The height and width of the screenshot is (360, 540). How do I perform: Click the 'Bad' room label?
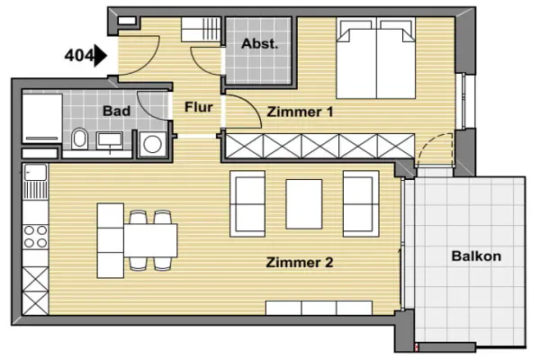click(116, 111)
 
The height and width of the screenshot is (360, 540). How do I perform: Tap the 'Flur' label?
click(198, 107)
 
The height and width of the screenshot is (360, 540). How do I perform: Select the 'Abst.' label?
click(259, 44)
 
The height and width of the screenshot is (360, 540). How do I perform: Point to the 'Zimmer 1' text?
click(300, 112)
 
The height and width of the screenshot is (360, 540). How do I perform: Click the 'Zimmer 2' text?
click(300, 263)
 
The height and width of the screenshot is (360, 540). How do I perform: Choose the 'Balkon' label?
click(476, 256)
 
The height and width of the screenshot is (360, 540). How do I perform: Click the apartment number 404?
click(79, 56)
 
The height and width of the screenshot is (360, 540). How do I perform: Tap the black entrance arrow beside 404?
click(101, 56)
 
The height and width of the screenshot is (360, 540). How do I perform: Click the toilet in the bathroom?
click(80, 139)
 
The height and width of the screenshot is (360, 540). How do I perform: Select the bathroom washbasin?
click(110, 141)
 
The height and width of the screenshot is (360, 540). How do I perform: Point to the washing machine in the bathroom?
click(153, 144)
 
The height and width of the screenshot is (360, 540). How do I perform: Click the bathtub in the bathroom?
click(42, 119)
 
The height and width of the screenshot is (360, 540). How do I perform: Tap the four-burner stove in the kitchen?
click(35, 237)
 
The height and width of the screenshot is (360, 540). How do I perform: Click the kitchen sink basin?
click(35, 172)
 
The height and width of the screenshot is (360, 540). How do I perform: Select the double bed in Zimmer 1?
click(376, 58)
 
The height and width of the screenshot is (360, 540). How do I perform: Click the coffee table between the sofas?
click(304, 204)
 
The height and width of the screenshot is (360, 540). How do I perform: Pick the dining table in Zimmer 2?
click(150, 240)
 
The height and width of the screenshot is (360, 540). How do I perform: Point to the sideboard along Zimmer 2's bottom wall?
click(319, 308)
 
